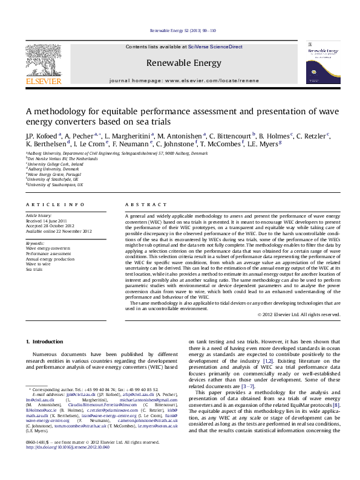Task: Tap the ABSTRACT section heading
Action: (140, 206)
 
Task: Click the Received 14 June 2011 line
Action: (45, 221)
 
